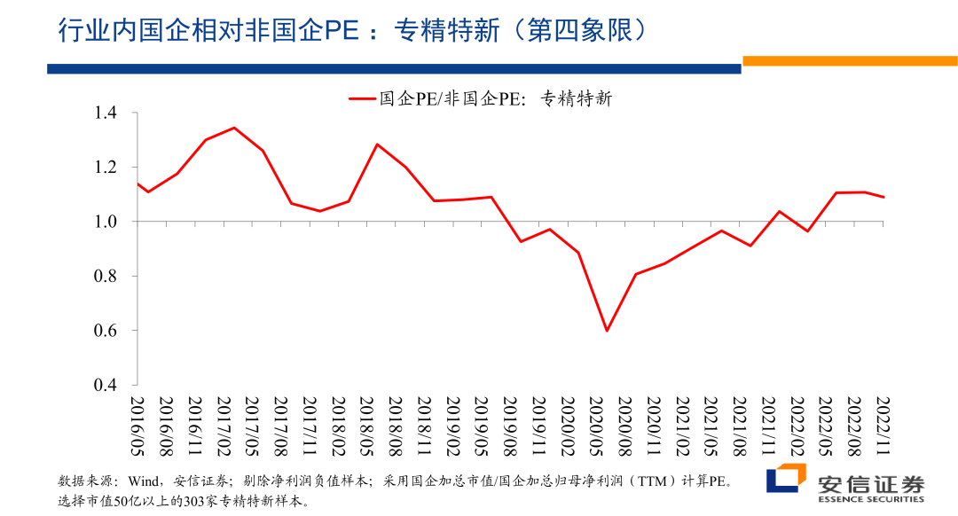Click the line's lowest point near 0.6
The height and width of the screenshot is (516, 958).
(x=607, y=331)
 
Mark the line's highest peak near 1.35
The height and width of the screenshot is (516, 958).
(x=233, y=128)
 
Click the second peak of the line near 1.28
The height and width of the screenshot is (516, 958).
(x=377, y=144)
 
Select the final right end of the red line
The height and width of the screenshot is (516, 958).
(x=883, y=197)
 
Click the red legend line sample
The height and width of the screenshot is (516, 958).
(x=362, y=99)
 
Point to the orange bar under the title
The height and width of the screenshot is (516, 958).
(x=849, y=61)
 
